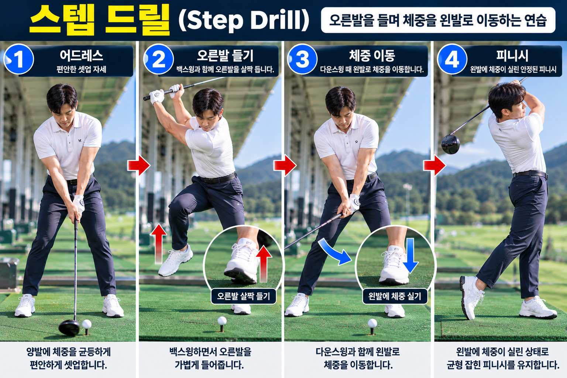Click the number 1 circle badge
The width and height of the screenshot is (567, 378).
tap(18, 59)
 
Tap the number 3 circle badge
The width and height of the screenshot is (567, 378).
tap(302, 59)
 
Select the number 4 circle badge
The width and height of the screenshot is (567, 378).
tap(452, 59)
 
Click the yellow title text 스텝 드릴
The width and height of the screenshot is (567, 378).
tap(100, 20)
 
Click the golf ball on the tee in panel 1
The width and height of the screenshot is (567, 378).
tap(87, 324)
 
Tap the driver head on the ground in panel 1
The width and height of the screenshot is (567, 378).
tap(69, 328)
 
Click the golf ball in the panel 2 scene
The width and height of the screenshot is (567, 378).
tap(222, 320)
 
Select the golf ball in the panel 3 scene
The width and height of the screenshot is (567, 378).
tap(372, 323)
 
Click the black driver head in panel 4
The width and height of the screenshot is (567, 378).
tap(451, 144)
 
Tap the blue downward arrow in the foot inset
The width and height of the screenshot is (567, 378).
tap(410, 256)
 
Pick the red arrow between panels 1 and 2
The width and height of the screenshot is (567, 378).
tap(139, 166)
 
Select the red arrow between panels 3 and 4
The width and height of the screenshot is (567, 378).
tap(434, 166)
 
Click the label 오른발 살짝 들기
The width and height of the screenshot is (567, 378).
tap(244, 296)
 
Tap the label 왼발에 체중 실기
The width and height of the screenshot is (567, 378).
tap(395, 296)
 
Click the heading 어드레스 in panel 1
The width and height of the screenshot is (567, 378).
tap(81, 55)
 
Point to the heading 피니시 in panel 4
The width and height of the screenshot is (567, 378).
tap(512, 56)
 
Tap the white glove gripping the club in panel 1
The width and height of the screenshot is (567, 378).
tap(79, 203)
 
